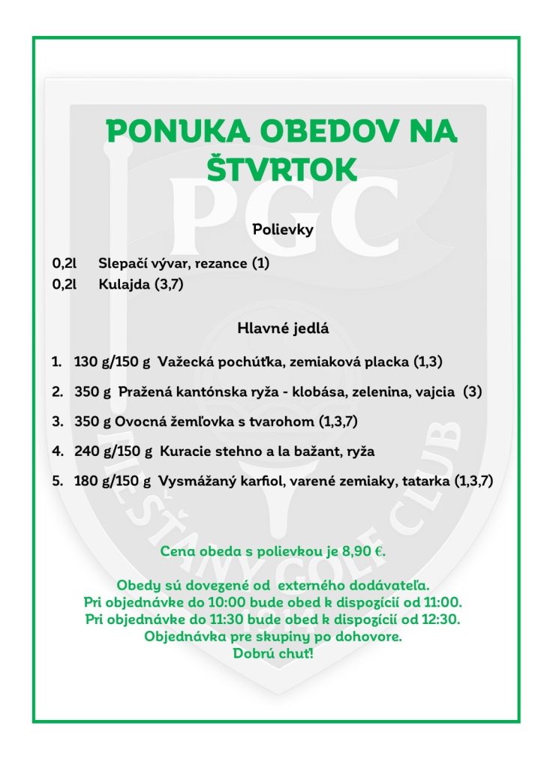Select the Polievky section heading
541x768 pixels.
tap(283, 229)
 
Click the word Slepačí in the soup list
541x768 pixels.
tap(121, 264)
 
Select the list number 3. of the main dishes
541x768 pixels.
tap(57, 421)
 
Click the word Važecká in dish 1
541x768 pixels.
tap(183, 362)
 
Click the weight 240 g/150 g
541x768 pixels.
tap(113, 451)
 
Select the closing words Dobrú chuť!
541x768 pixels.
tap(273, 653)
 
